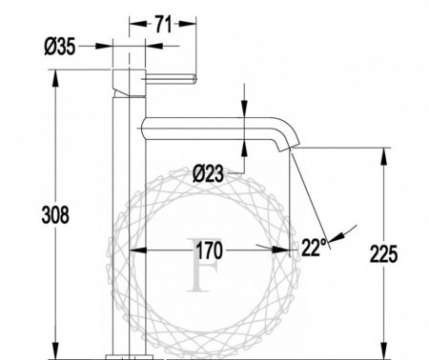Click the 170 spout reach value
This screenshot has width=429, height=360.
coord(209,250)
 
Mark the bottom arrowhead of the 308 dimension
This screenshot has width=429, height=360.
coord(57,352)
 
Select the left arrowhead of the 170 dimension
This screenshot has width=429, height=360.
coord(134,250)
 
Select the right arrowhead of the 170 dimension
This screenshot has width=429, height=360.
coord(284,250)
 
